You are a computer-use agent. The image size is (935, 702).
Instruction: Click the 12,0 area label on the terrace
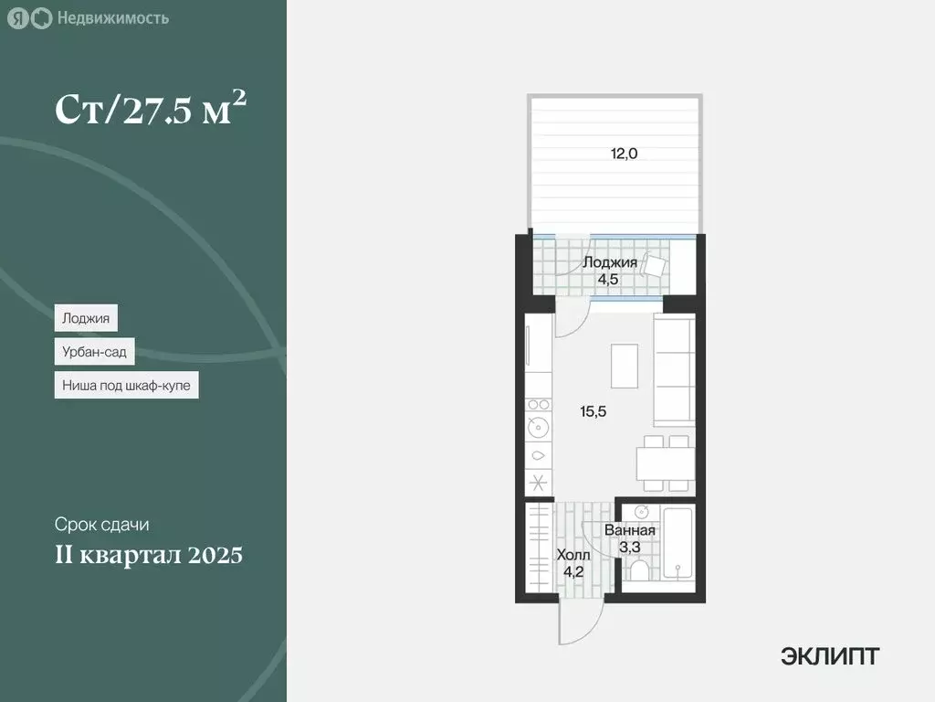click(625, 154)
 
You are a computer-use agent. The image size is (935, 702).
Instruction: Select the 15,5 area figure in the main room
click(594, 411)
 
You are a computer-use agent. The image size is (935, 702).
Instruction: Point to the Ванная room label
click(630, 531)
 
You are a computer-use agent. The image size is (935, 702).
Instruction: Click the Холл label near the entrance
click(573, 555)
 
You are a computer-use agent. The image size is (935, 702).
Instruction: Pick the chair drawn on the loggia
click(656, 265)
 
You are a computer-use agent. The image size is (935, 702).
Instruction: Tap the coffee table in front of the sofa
click(625, 366)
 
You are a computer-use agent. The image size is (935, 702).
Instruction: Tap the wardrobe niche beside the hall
click(539, 548)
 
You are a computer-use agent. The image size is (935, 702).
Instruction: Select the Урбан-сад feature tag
click(94, 352)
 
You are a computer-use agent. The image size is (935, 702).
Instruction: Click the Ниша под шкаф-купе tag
click(126, 386)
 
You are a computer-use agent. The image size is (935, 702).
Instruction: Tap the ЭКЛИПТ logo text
click(830, 655)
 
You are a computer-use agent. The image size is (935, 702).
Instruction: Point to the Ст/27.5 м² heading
click(151, 110)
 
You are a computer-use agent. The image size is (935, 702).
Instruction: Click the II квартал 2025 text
click(149, 555)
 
